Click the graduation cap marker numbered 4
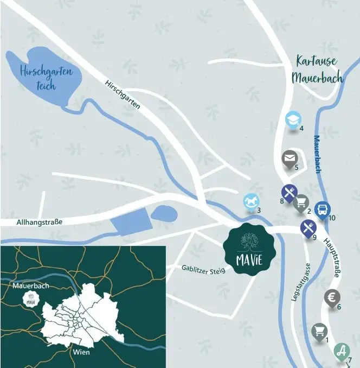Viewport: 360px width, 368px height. [x=293, y=119]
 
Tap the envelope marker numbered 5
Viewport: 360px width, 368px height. [x=290, y=158]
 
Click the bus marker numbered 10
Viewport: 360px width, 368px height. [x=322, y=209]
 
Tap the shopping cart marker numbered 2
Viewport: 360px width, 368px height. [x=301, y=203]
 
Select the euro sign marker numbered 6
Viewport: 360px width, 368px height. [x=332, y=297]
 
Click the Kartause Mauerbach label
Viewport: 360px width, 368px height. [x=317, y=69]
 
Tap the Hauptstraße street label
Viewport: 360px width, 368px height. [x=331, y=257]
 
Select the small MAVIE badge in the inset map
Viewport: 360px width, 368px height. [x=31, y=299]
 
